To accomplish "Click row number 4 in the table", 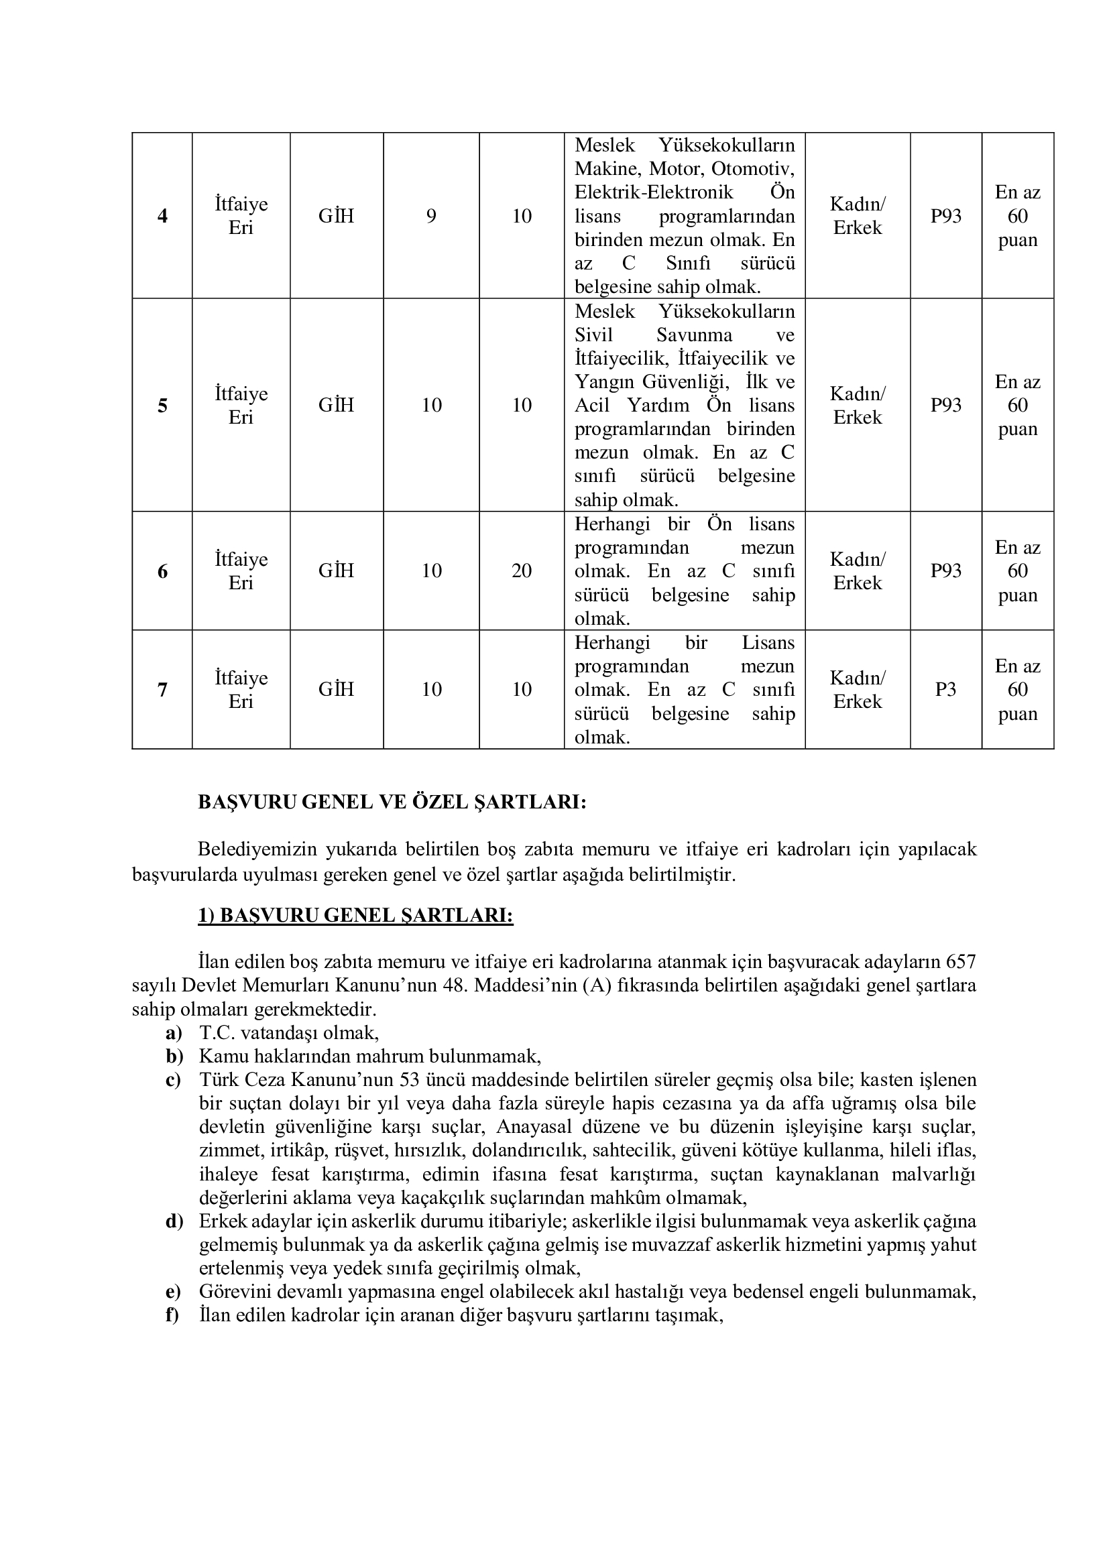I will click(162, 217).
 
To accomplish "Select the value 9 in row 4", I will click(431, 217).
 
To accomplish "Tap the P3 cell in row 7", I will click(945, 690).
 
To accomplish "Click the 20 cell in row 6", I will click(522, 571).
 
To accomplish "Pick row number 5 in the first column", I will click(162, 406).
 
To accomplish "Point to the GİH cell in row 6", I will click(336, 571).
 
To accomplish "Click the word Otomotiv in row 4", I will click(753, 168).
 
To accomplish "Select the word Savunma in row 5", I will click(695, 335).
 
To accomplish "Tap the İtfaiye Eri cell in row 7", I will click(241, 690).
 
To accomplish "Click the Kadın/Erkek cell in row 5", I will click(858, 406).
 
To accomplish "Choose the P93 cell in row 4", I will click(946, 217).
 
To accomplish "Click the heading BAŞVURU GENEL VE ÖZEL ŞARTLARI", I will click(392, 802).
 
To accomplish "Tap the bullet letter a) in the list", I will click(174, 1032).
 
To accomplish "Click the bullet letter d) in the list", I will click(174, 1221).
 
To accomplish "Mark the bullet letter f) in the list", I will click(172, 1315).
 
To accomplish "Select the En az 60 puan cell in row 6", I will click(1018, 571).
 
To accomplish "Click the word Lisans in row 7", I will click(768, 643).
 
